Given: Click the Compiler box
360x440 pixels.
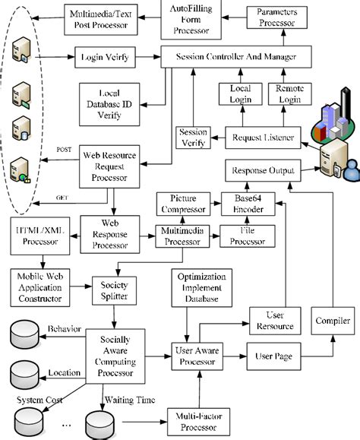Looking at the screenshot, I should point(333,320).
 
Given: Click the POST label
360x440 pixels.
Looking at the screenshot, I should point(65,150).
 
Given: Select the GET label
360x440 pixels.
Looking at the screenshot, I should point(65,198).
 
